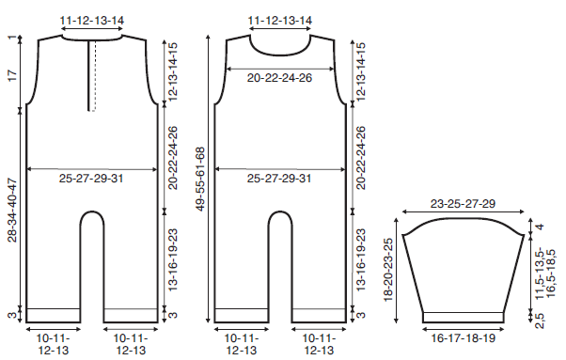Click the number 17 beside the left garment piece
pos(12,75)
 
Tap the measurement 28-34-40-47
pos(12,210)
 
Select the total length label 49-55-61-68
pos(200,179)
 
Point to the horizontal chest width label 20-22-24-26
pos(279,78)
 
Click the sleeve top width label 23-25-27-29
pos(463,204)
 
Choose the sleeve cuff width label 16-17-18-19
pos(464,338)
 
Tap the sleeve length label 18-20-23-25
pos(388,270)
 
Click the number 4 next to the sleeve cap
pos(540,227)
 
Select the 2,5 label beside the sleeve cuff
pos(540,320)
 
